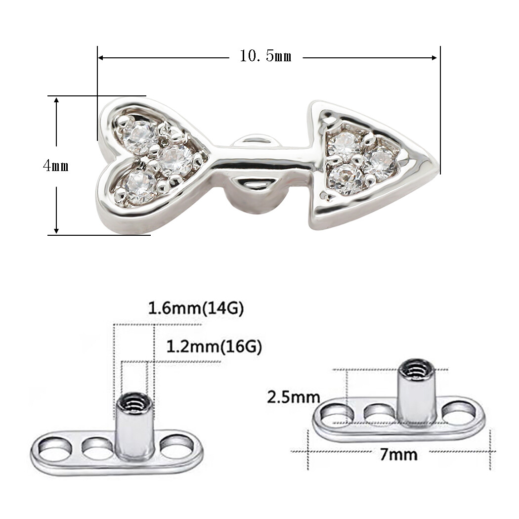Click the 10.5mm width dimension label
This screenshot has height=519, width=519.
pyautogui.click(x=265, y=56)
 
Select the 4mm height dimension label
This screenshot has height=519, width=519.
pyautogui.click(x=55, y=166)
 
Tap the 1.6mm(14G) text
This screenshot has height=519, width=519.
pyautogui.click(x=196, y=309)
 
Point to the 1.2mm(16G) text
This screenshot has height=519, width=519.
pyautogui.click(x=214, y=346)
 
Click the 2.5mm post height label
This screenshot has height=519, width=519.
pyautogui.click(x=293, y=396)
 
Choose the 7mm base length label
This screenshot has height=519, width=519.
pyautogui.click(x=398, y=453)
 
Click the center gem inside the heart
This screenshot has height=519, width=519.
pyautogui.click(x=176, y=159)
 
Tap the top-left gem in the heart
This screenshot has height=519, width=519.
pyautogui.click(x=140, y=136)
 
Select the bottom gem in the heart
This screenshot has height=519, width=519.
pyautogui.click(x=140, y=186)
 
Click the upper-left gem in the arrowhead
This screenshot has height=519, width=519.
pyautogui.click(x=346, y=144)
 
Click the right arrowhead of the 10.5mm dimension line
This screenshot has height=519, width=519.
pyautogui.click(x=434, y=57)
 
